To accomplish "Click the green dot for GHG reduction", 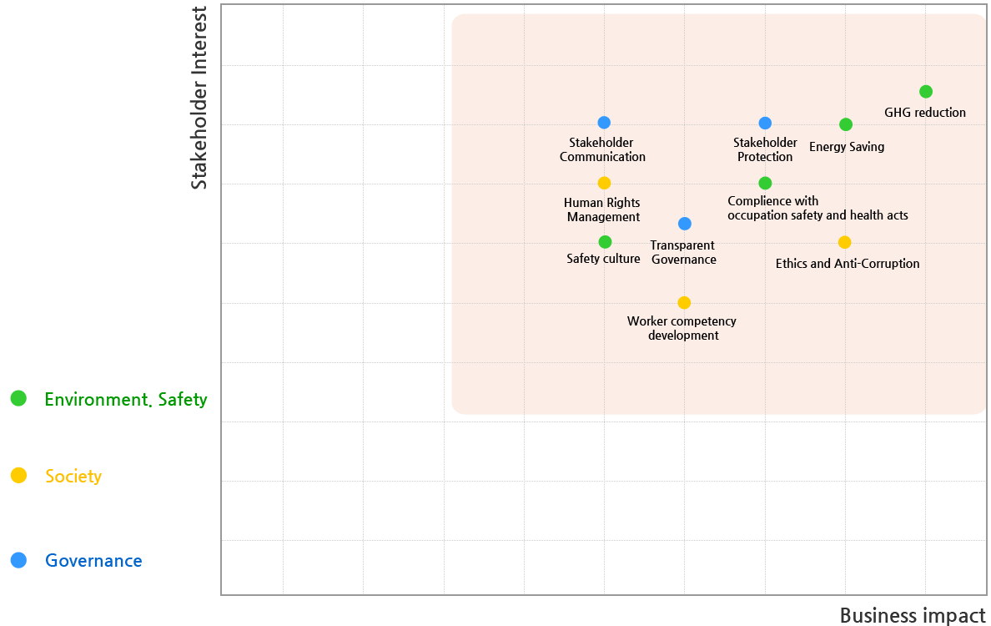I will point(925,92).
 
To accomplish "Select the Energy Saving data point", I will point(845,124).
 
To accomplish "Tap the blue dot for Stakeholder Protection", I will point(765,124).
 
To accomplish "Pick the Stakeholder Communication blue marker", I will point(604,123).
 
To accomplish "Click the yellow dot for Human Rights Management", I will point(604,183).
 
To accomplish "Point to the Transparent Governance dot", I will point(684,224).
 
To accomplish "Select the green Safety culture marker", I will point(605,242).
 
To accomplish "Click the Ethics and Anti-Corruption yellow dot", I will point(844,242).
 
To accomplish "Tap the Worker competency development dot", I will point(684,302).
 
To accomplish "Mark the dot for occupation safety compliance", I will point(765,184).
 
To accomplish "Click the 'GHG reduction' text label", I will point(925,113).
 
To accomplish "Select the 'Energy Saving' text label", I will point(847,147).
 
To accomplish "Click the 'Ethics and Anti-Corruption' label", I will point(848,264).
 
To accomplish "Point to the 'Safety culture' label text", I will point(603,259).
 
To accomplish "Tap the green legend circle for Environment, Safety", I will point(18,399).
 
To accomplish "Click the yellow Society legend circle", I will point(18,476).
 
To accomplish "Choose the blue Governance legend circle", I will point(18,561).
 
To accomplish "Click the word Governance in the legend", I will point(93,561).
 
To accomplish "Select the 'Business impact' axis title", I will point(912,615).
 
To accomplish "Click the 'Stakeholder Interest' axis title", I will point(199,98).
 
